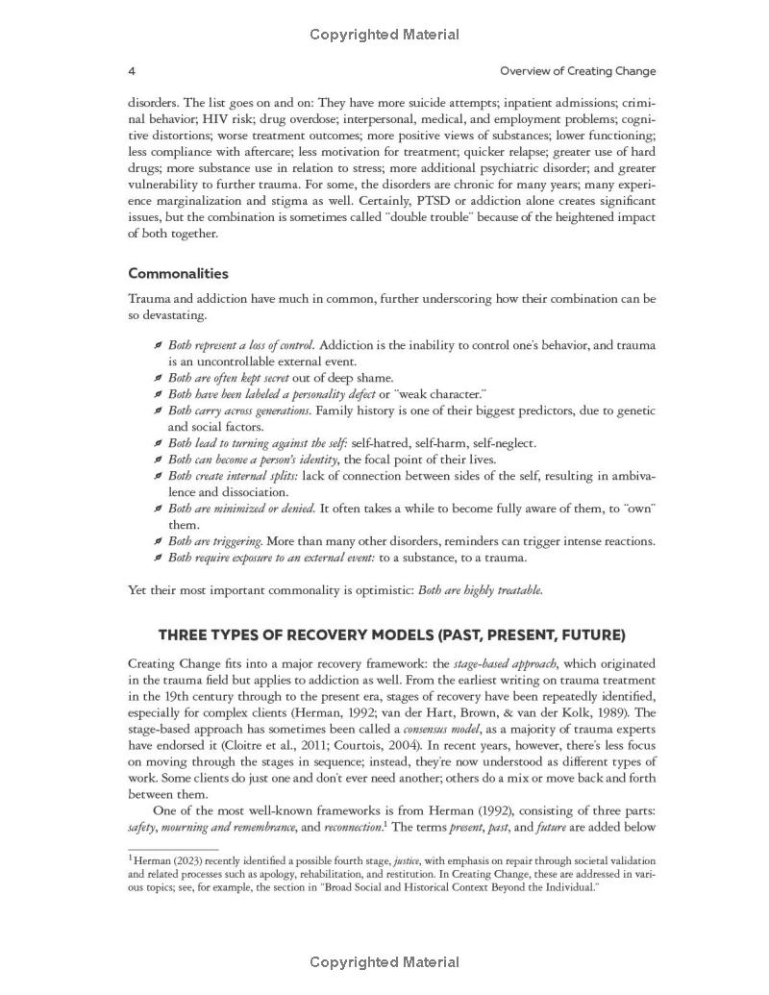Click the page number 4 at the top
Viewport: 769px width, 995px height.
[x=132, y=71]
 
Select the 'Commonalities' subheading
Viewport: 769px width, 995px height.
[x=178, y=273]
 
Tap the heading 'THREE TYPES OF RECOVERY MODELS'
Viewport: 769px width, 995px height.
[x=391, y=635]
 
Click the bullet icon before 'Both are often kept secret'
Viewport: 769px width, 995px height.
[x=158, y=378]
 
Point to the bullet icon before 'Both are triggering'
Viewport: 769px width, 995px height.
[x=158, y=541]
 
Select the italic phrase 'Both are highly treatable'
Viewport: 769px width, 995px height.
[x=480, y=590]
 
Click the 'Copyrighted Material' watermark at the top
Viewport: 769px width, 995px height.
[x=384, y=35]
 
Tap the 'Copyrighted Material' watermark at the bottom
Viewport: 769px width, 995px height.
[x=384, y=962]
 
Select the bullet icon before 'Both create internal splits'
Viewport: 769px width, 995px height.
[x=158, y=476]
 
